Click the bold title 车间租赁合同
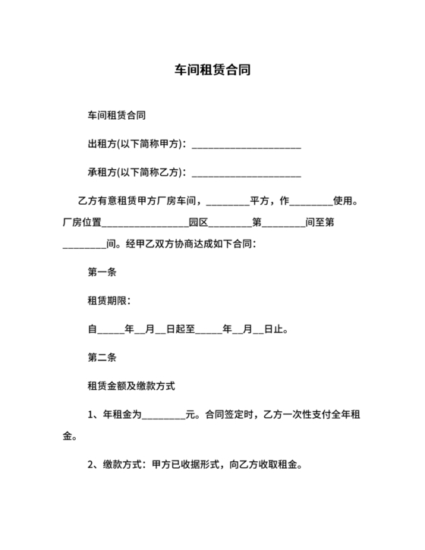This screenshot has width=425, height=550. [x=212, y=71]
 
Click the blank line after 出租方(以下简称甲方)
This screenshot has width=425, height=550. [x=247, y=146]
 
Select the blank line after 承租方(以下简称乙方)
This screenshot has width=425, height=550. [x=247, y=174]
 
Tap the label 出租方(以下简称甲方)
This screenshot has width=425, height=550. [x=135, y=144]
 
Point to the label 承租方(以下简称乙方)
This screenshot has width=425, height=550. [x=135, y=172]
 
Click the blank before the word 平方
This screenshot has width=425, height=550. [x=227, y=203]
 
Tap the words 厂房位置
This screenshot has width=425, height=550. [x=80, y=223]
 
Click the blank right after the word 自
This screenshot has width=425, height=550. [x=112, y=331]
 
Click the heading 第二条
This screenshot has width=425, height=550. [x=102, y=357]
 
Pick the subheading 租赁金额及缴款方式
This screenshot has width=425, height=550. [x=131, y=386]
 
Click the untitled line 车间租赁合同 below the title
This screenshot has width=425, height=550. [x=117, y=116]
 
